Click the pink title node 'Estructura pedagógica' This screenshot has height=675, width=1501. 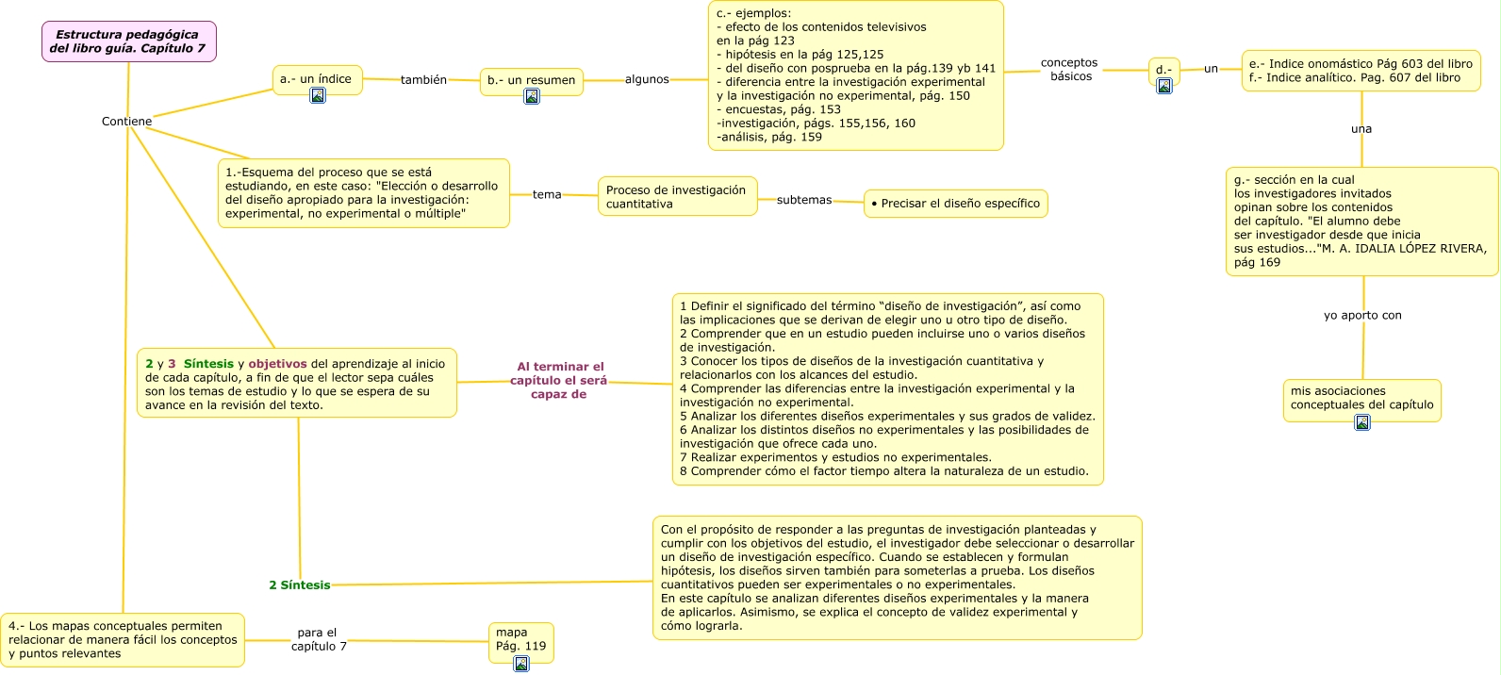tap(128, 41)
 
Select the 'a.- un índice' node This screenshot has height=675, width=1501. tap(316, 79)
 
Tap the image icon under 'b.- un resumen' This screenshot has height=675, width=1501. tap(532, 96)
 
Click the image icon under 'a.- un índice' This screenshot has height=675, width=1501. tap(318, 95)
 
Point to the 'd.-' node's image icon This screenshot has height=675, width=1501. tap(1164, 86)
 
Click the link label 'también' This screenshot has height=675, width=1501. tap(423, 80)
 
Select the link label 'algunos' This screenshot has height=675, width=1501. tap(647, 79)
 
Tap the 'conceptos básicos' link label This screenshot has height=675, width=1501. tap(1070, 70)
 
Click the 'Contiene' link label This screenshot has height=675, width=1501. tap(126, 122)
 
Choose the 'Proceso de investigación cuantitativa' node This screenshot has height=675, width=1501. tap(677, 197)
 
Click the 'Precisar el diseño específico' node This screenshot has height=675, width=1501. tap(955, 204)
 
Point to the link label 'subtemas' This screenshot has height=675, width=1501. tap(804, 200)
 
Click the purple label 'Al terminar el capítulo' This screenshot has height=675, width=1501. tap(559, 381)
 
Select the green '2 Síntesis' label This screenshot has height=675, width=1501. tap(300, 585)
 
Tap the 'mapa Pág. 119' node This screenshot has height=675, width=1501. tap(520, 639)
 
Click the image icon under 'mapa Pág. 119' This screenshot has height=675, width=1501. tap(521, 664)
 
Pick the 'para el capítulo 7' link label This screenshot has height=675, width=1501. tap(318, 640)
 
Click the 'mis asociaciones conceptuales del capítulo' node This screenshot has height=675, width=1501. tap(1361, 398)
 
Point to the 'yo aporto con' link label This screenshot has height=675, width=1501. tap(1362, 316)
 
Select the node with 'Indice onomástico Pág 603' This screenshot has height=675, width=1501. tap(1361, 71)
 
